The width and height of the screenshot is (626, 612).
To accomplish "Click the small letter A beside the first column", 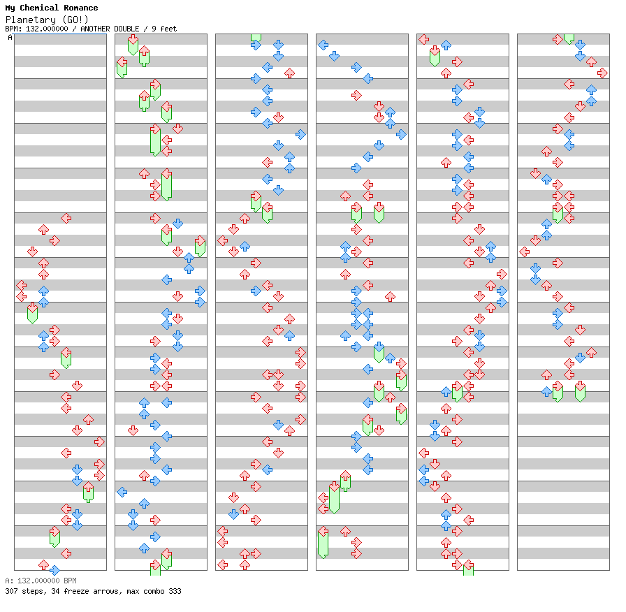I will [10, 38].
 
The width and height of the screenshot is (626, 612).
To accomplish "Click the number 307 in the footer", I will [11, 591].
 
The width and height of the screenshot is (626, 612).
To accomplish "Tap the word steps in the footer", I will [32, 591].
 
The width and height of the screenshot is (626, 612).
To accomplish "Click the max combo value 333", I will [174, 591].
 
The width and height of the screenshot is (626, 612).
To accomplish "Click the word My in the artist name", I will [10, 8].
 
